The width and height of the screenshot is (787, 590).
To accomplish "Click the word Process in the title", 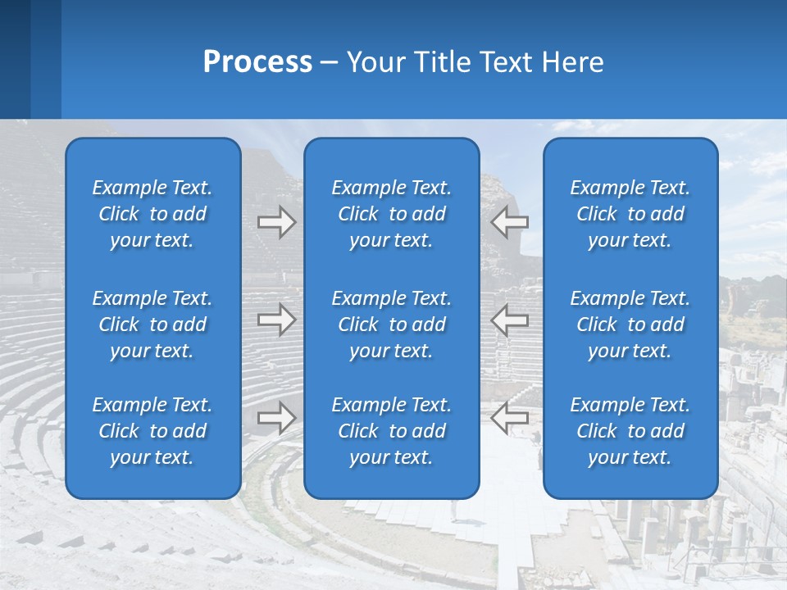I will point(257,61).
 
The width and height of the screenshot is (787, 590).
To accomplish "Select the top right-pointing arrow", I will point(277,222).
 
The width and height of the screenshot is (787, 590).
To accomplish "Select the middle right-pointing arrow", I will point(277,320).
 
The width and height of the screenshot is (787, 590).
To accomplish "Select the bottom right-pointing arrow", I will point(277,418).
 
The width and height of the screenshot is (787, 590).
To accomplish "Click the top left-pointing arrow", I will point(509,222).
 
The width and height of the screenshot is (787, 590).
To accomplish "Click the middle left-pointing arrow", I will point(509,320).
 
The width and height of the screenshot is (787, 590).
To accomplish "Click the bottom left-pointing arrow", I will point(509,418).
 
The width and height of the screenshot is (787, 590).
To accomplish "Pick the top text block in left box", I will point(152,214).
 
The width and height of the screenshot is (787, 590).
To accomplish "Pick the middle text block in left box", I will point(152,324).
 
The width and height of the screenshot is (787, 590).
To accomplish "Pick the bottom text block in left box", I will point(152,431).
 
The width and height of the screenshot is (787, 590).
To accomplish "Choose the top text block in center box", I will point(391,214).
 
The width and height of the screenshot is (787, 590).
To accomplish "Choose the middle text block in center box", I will point(391,324).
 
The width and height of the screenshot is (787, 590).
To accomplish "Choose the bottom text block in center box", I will point(391,431).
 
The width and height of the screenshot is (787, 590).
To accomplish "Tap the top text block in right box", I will point(630,214).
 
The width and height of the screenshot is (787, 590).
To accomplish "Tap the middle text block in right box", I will point(630,324).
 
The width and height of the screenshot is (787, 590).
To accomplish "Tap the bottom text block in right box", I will point(630,431).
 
